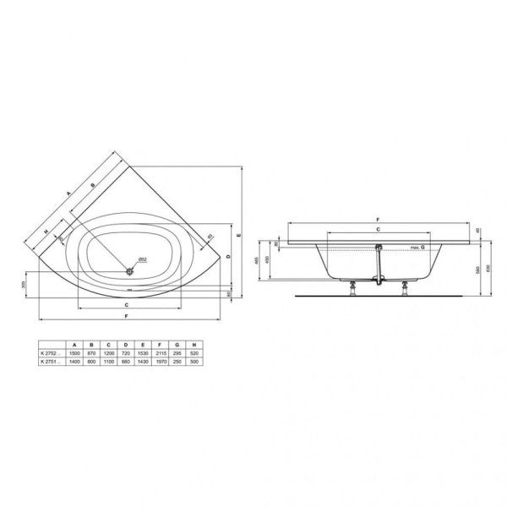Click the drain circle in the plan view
(129, 270)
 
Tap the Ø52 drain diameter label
(143, 259)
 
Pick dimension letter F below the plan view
(127, 315)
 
